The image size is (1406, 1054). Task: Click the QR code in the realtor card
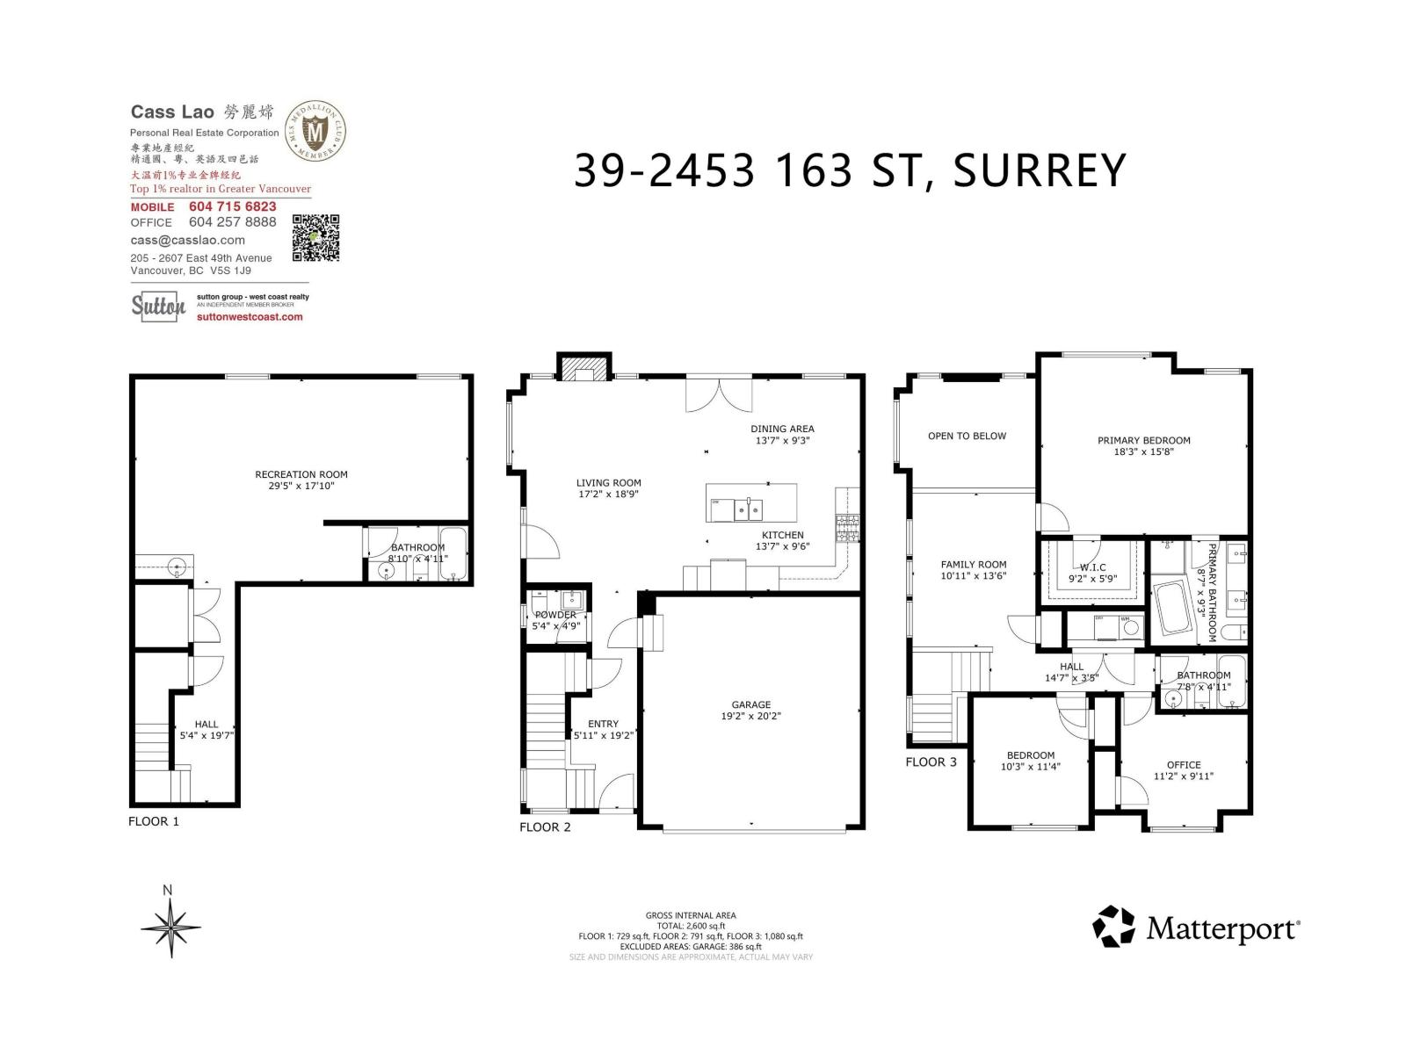coord(315,237)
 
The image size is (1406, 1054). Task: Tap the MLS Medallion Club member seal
coord(315,131)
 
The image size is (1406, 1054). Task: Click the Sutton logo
coord(158,306)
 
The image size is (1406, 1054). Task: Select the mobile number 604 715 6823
coord(232,206)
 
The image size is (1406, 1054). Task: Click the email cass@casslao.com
coord(187,240)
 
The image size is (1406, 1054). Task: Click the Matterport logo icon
coord(1113,927)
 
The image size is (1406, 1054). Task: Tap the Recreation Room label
coord(301,474)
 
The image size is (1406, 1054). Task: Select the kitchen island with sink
coord(751,502)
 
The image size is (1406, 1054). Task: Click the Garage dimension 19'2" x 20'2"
coord(750,716)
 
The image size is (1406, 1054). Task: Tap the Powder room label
coord(555,615)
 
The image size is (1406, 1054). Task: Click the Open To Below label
coord(967,436)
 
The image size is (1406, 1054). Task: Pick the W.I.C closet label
coord(1092,567)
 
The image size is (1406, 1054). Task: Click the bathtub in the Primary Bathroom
coord(1170,606)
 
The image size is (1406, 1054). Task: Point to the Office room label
coord(1184,765)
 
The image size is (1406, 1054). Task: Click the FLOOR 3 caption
coord(931,762)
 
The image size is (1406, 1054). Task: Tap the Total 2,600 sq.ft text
coord(690,926)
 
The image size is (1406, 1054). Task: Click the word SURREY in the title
coord(1039,170)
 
